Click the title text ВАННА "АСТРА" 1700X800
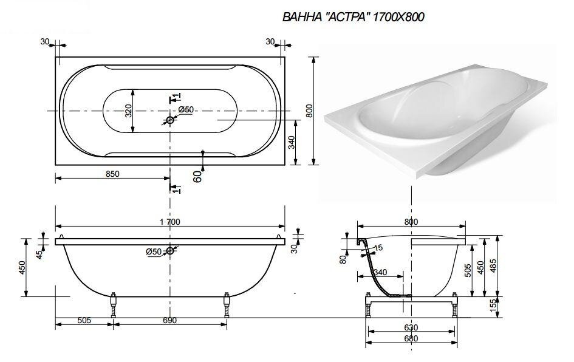pyautogui.click(x=353, y=18)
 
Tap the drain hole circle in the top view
pyautogui.click(x=170, y=120)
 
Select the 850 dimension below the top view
pyautogui.click(x=112, y=173)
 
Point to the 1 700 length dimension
pyautogui.click(x=169, y=222)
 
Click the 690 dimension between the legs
pyautogui.click(x=169, y=320)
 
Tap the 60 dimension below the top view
pyautogui.click(x=197, y=176)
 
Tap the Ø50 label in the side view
pyautogui.click(x=153, y=251)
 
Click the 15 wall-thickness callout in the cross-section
pyautogui.click(x=378, y=247)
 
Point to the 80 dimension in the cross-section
pyautogui.click(x=343, y=259)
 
